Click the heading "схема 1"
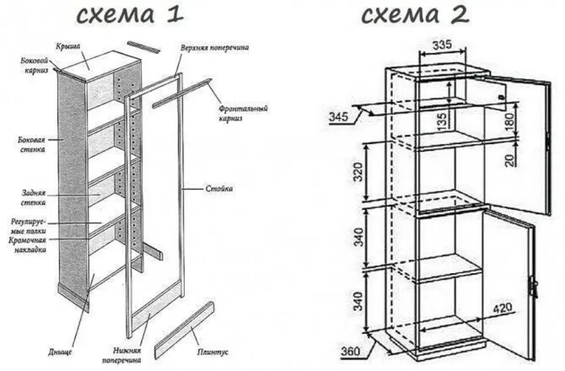pyautogui.click(x=130, y=15)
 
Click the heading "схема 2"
pyautogui.click(x=415, y=15)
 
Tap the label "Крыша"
pyautogui.click(x=68, y=47)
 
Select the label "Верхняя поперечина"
pyautogui.click(x=215, y=48)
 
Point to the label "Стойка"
pyautogui.click(x=219, y=188)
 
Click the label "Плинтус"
pyautogui.click(x=212, y=352)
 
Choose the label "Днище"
pyautogui.click(x=60, y=352)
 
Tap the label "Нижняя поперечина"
pyautogui.click(x=121, y=355)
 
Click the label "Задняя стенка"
pyautogui.click(x=34, y=198)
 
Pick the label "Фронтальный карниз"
pyautogui.click(x=244, y=113)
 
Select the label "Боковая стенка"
pyautogui.click(x=32, y=145)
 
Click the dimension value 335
pyautogui.click(x=442, y=45)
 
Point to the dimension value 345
pyautogui.click(x=339, y=117)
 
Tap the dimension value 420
pyautogui.click(x=502, y=307)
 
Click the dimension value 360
pyautogui.click(x=350, y=351)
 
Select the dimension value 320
pyautogui.click(x=358, y=173)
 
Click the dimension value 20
pyautogui.click(x=510, y=159)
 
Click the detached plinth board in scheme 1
pyautogui.click(x=184, y=330)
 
